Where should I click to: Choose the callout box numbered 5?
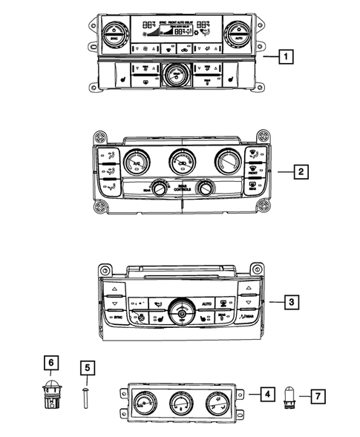[87, 367]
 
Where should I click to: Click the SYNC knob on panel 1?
[111, 32]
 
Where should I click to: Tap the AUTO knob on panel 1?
[238, 32]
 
